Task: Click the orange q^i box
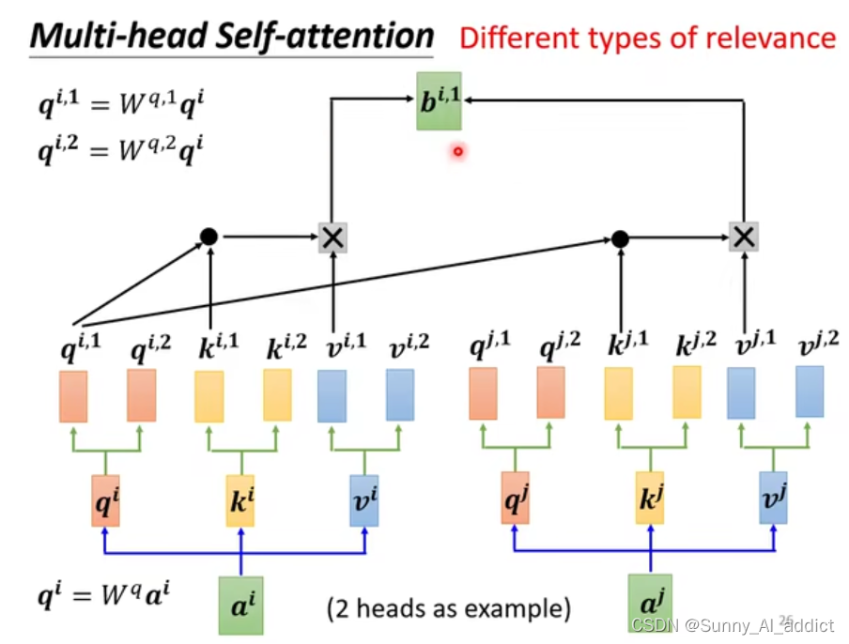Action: (x=105, y=499)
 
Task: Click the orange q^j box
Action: (x=516, y=498)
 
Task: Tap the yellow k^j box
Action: (x=650, y=498)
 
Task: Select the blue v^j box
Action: (x=772, y=498)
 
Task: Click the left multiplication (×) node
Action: (x=332, y=238)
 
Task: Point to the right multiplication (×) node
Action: (x=743, y=238)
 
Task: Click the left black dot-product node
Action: (x=208, y=237)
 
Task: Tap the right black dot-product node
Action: (x=620, y=238)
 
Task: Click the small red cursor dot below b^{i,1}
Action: (x=457, y=151)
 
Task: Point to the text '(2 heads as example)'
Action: (x=448, y=607)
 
